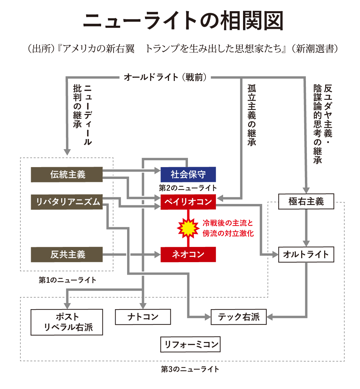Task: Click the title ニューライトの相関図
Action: point(183,21)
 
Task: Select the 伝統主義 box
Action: point(67,175)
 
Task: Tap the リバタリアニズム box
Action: point(67,202)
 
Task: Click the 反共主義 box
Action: point(67,254)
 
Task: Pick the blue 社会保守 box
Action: point(188,175)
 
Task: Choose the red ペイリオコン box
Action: point(188,202)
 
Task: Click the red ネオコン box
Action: point(188,254)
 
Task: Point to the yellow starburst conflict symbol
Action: point(188,228)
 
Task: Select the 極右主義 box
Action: point(306,202)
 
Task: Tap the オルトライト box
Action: point(306,254)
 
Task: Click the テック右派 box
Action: point(239,317)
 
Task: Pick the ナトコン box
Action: point(143,317)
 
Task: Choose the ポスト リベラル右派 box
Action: point(67,322)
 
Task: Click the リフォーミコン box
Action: point(190,344)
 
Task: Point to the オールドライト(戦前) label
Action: point(165,77)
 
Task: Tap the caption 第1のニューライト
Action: point(68,280)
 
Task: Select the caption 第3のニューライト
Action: point(190,369)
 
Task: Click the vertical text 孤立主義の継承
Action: point(251,115)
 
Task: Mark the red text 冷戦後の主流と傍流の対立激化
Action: point(228,228)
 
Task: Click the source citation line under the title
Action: point(183,49)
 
